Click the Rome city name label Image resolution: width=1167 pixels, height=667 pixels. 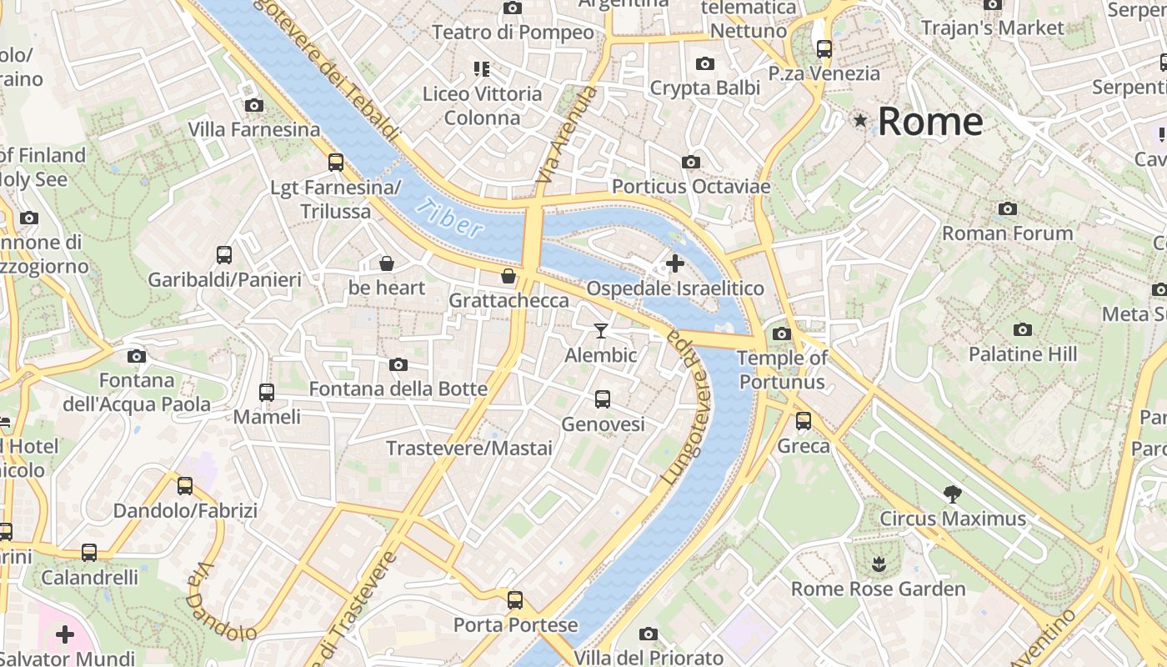[x=930, y=122]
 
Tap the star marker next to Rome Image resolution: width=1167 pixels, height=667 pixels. [x=860, y=122]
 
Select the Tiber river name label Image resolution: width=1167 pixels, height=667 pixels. [x=450, y=218]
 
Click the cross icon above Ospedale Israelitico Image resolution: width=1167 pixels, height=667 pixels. [x=675, y=264]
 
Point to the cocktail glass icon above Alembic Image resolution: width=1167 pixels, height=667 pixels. [x=600, y=331]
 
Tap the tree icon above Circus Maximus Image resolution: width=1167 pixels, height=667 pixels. [x=952, y=494]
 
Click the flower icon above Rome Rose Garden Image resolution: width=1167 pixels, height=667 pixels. [x=878, y=564]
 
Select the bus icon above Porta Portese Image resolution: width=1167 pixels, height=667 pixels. [x=515, y=599]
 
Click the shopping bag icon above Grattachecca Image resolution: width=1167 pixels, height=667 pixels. [x=508, y=276]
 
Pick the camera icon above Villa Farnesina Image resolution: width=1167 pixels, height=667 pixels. [x=254, y=105]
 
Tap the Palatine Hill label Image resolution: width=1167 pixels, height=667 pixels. [x=1023, y=354]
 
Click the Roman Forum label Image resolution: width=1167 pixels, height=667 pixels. [x=1007, y=233]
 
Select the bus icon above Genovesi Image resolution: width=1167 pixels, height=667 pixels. [x=603, y=399]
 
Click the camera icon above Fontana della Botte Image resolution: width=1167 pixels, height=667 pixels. [x=398, y=364]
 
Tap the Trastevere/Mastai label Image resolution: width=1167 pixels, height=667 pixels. [x=469, y=449]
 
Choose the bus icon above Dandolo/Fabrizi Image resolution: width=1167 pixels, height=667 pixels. [x=185, y=485]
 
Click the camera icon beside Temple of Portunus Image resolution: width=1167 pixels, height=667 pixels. [x=781, y=334]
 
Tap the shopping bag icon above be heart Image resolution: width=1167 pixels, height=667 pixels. [x=387, y=264]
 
